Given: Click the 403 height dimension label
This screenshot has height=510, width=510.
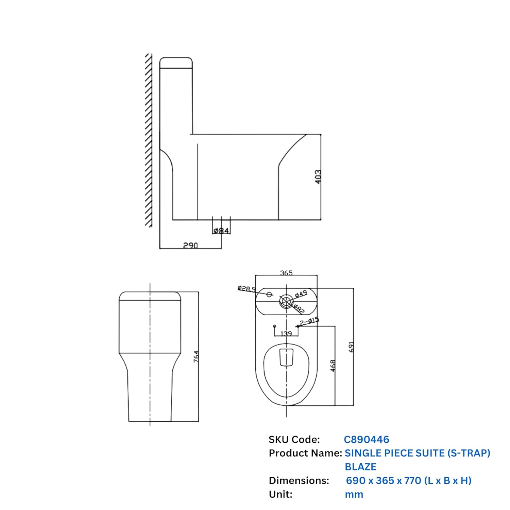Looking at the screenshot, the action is coord(318,177).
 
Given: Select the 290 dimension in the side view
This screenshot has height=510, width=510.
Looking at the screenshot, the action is coord(190,245).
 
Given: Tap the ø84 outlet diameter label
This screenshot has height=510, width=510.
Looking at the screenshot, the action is coord(221,231).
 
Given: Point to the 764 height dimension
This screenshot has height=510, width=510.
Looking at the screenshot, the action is coord(196,356).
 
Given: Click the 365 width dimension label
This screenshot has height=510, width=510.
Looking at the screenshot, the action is coord(286,273).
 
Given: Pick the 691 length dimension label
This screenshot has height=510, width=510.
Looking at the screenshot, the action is coord(351,347).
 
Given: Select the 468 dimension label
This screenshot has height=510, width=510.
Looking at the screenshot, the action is coord(333,365).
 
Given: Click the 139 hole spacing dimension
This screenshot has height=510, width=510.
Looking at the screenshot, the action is coord(286,333).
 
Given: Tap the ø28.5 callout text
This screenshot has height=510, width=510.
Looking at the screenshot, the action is coord(247,289).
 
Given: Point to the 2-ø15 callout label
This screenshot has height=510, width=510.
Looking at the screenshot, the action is coord(309,321).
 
